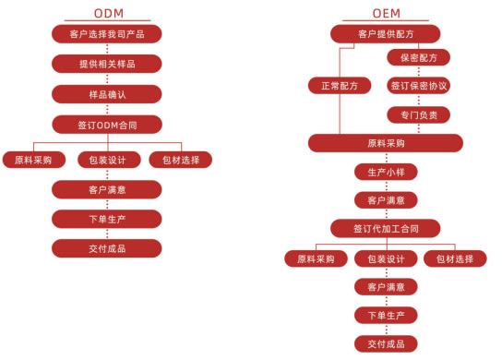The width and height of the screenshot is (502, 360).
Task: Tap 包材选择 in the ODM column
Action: point(180,159)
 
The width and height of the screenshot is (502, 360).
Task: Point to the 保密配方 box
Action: point(418,57)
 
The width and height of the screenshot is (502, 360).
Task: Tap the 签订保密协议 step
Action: point(418,86)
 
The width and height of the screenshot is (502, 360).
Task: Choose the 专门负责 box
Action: point(418,114)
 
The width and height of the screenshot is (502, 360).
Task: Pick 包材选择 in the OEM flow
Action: point(455,259)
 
